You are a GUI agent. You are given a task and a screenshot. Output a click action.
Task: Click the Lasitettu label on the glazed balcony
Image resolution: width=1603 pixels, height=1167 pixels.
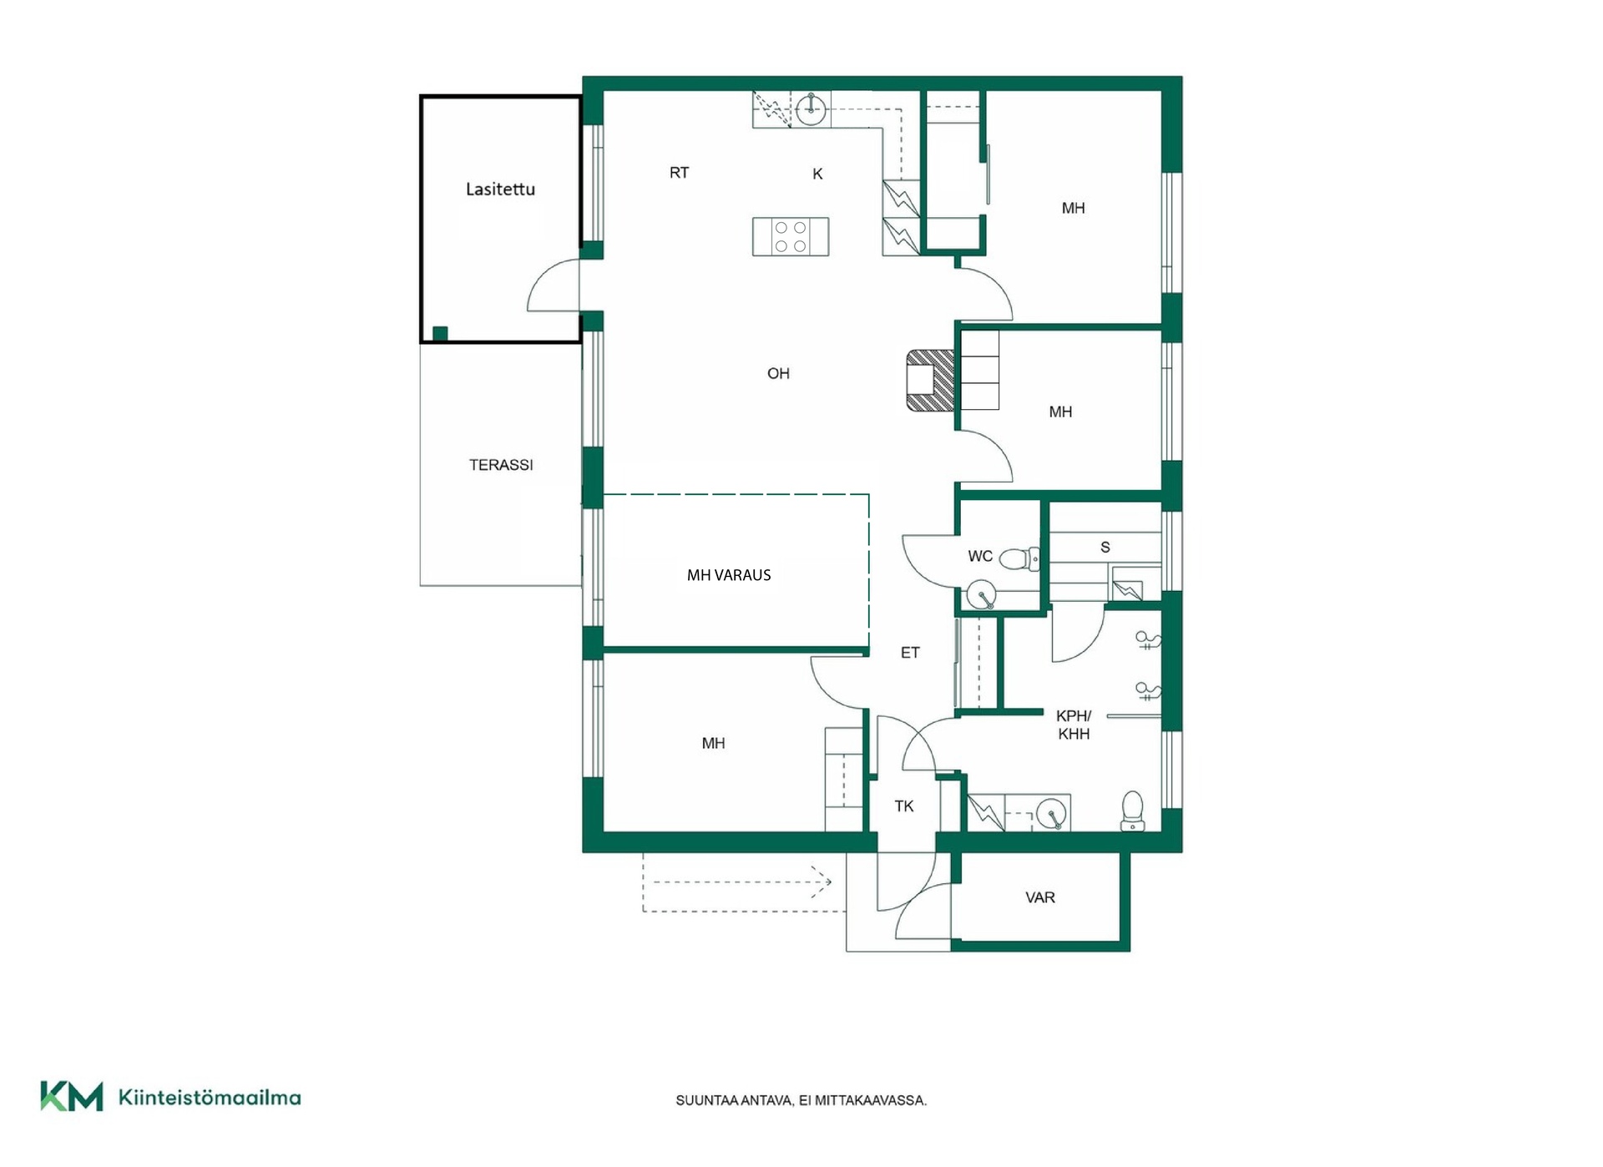point(500,189)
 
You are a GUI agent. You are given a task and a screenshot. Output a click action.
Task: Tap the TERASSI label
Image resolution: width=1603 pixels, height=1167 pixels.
point(501,465)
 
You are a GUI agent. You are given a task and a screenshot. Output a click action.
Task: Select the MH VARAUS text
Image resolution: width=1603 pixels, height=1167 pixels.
point(729,575)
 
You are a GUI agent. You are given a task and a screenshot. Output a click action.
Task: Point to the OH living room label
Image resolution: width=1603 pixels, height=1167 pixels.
point(778,374)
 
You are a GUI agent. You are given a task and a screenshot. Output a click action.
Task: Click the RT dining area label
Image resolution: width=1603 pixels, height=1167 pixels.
point(679,173)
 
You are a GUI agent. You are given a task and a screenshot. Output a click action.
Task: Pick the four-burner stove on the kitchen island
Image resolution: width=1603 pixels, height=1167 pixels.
point(791,236)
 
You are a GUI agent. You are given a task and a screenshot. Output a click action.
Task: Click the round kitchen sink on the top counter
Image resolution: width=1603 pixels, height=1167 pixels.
point(810,109)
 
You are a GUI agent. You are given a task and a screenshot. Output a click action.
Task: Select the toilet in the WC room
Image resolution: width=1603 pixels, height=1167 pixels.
point(1019,558)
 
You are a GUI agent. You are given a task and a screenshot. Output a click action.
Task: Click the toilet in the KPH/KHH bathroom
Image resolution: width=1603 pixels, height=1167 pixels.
point(1132,811)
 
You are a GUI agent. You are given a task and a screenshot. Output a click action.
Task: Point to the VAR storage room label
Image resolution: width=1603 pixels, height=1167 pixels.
point(1040,898)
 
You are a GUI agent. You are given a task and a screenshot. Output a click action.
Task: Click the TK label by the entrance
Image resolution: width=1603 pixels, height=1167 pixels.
point(904,806)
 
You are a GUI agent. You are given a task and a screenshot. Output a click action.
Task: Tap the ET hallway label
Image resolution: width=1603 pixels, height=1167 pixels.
point(910,653)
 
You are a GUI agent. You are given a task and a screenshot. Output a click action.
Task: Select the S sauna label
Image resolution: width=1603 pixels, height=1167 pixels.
point(1105,548)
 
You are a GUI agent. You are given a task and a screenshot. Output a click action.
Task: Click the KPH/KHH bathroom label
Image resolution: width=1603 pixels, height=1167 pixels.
point(1074,725)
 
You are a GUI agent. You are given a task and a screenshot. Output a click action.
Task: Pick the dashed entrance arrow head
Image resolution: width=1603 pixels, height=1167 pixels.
point(825,882)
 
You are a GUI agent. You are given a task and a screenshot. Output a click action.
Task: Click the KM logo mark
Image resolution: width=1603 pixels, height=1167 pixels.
point(72,1097)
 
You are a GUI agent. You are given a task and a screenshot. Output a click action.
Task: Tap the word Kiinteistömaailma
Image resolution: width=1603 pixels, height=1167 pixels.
point(210,1098)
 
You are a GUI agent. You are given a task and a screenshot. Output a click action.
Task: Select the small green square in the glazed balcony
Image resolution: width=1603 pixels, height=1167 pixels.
point(440,334)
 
